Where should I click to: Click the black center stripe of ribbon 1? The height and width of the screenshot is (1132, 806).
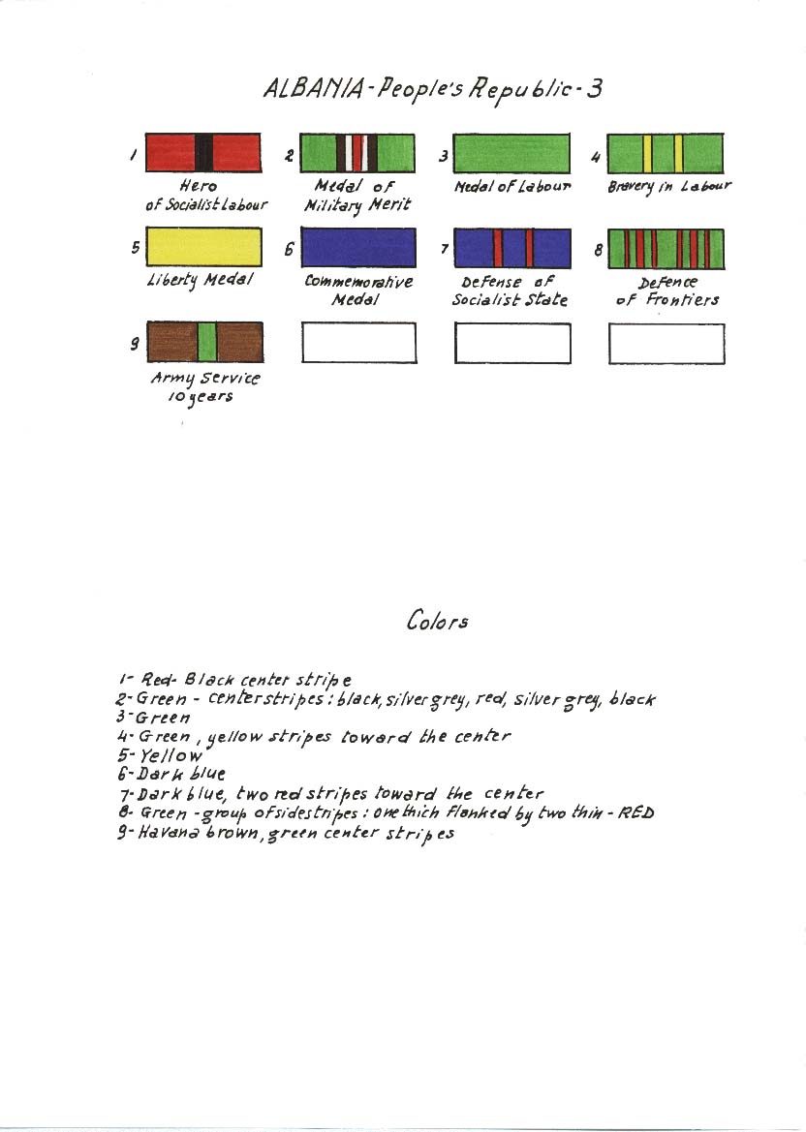[204, 152]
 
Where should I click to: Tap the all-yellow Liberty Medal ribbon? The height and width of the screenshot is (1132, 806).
[203, 247]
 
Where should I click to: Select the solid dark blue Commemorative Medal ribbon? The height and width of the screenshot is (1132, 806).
[358, 248]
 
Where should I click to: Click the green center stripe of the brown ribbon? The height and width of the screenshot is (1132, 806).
[206, 342]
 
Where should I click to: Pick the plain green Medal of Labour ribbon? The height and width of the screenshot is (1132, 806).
[511, 153]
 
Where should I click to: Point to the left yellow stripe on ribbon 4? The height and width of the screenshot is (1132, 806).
[647, 153]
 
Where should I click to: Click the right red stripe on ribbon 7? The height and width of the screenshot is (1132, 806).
[529, 248]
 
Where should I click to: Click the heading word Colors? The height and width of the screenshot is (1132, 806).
[437, 621]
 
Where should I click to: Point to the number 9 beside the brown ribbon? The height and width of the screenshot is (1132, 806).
[135, 344]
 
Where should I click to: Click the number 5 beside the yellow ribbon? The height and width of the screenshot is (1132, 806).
[135, 248]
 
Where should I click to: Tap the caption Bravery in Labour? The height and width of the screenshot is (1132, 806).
[668, 186]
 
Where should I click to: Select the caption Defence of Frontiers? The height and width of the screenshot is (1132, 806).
[667, 291]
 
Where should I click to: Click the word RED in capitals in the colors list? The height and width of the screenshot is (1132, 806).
[637, 812]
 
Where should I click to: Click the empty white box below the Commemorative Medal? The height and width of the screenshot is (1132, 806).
[359, 343]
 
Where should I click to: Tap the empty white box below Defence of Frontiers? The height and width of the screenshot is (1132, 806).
[666, 345]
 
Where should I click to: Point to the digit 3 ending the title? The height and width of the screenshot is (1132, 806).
[595, 89]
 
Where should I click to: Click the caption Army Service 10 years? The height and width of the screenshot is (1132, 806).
[205, 387]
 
